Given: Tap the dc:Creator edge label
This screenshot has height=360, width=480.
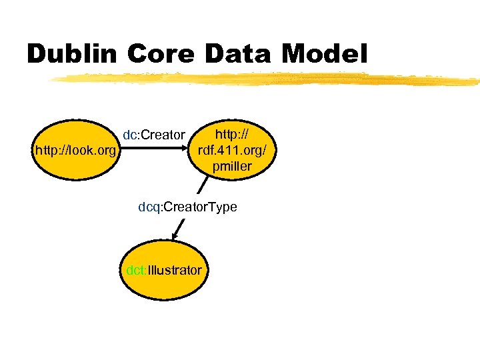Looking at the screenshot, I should (x=154, y=135).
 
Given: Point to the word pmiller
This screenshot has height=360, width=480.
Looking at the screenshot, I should (x=232, y=167).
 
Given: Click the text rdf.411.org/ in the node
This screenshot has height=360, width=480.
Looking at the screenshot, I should (x=232, y=151).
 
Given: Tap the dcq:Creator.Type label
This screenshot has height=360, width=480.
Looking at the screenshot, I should (x=187, y=207).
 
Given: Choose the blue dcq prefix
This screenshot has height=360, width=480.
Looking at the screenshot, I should (x=149, y=207).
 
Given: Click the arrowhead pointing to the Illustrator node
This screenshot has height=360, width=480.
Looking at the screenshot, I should (x=175, y=235).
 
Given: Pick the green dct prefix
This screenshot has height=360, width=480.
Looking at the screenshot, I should (x=136, y=271).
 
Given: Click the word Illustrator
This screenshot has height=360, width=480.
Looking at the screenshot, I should (x=175, y=271).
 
